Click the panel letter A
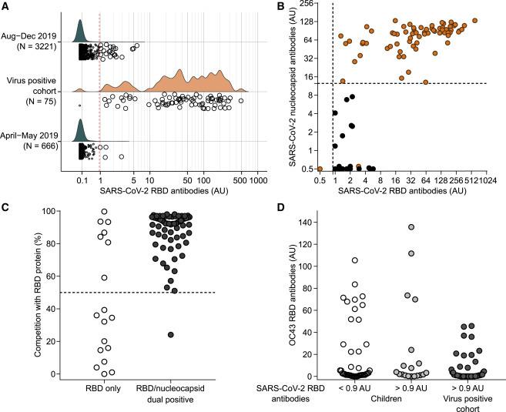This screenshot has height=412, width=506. tap(5, 6)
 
